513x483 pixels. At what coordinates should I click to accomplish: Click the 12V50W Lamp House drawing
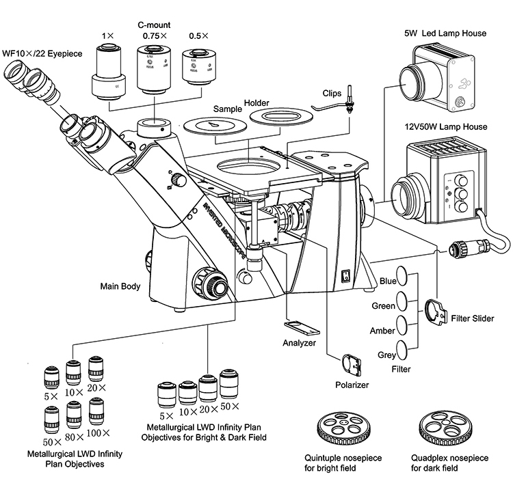[438, 181]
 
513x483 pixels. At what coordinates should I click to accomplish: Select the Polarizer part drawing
[353, 364]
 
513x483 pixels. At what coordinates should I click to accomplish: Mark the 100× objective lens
[95, 412]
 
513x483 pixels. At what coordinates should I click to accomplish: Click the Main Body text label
[120, 287]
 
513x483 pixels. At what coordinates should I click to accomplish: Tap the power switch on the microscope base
[345, 276]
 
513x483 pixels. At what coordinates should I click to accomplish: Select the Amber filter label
[382, 331]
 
